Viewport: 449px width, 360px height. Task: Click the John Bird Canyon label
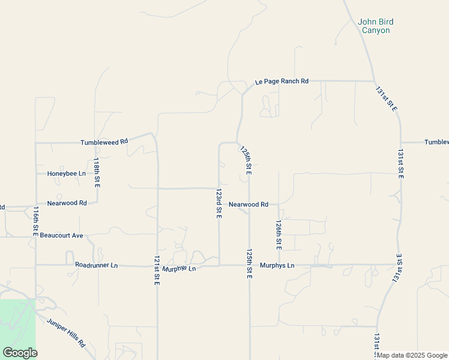(375, 26)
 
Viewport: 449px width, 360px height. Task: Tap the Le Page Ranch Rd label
(282, 81)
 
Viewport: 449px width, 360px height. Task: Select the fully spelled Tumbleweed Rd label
(105, 142)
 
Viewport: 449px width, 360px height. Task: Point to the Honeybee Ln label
(67, 173)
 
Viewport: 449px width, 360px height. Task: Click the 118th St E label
(97, 173)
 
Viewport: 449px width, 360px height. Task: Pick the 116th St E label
(36, 221)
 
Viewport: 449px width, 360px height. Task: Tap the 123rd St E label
(219, 204)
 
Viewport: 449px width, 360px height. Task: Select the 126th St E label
(279, 235)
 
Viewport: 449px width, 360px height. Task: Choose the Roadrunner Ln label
(97, 265)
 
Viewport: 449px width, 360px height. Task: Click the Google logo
(20, 353)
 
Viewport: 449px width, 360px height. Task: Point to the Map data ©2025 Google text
(412, 355)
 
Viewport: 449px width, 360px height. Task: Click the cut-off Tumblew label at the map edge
(436, 142)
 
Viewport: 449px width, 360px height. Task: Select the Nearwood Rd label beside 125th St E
(249, 205)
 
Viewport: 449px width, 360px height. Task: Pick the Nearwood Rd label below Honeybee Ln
(67, 203)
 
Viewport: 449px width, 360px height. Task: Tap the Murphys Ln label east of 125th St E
(277, 265)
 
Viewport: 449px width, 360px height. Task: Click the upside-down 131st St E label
(399, 267)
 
